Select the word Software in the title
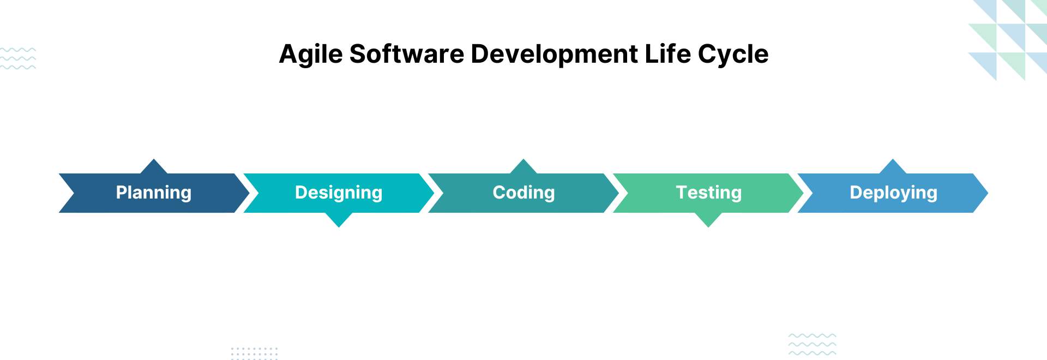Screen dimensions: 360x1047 pyautogui.click(x=407, y=54)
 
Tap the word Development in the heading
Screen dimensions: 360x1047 pyautogui.click(x=554, y=55)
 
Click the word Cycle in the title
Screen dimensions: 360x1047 pyautogui.click(x=733, y=55)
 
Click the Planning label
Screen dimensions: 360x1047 pyautogui.click(x=154, y=193)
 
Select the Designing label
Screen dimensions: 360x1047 pyautogui.click(x=339, y=193)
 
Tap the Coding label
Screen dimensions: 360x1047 pyautogui.click(x=523, y=193)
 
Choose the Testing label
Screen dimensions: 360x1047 pyautogui.click(x=708, y=193)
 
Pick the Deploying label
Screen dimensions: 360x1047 pyautogui.click(x=893, y=193)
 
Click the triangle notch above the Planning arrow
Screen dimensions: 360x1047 pyautogui.click(x=154, y=167)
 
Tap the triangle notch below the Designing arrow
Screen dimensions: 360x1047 pyautogui.click(x=339, y=219)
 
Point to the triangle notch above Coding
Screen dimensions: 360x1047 pyautogui.click(x=523, y=167)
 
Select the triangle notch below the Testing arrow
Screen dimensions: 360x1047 pyautogui.click(x=708, y=219)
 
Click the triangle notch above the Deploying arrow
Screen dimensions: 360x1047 pyautogui.click(x=893, y=167)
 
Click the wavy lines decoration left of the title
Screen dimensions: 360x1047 pyautogui.click(x=18, y=58)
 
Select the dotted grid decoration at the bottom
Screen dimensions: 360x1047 pyautogui.click(x=254, y=353)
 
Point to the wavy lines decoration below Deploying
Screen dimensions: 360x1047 pyautogui.click(x=812, y=344)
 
